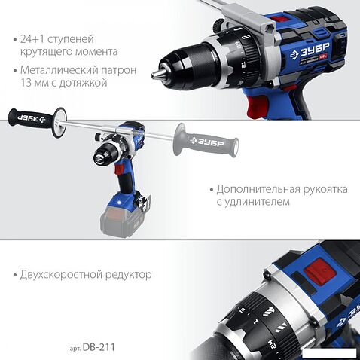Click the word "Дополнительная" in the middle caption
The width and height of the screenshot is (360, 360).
click(x=256, y=190)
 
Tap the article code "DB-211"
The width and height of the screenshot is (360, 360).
click(x=102, y=348)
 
